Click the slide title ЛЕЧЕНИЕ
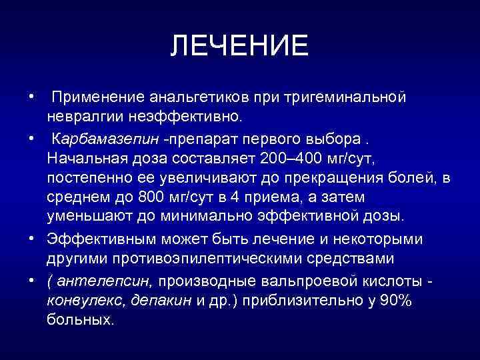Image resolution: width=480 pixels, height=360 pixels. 239,46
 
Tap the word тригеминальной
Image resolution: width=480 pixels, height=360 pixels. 345,98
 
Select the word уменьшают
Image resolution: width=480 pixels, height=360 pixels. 83,217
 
